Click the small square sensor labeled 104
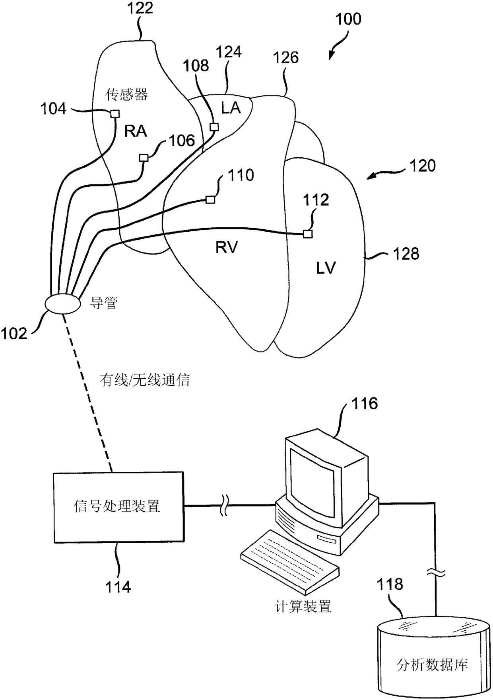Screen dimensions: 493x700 tap(115, 114)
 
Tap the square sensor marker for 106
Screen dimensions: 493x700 tap(144, 158)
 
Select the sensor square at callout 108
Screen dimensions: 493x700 tap(214, 127)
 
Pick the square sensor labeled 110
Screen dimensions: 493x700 tap(210, 199)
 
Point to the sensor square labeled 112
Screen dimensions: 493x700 tap(307, 234)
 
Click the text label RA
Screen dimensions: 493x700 tap(136, 131)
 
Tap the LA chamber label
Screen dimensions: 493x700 tap(231, 108)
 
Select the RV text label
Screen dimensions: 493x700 tap(226, 248)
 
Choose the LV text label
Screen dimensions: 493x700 tap(326, 268)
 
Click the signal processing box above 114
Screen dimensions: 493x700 tap(118, 507)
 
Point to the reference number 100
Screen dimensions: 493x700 tap(348, 19)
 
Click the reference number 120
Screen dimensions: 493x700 tap(422, 166)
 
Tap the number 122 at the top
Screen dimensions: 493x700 tap(140, 8)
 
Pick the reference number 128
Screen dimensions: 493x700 tap(406, 254)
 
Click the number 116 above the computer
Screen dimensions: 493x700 tap(364, 404)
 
